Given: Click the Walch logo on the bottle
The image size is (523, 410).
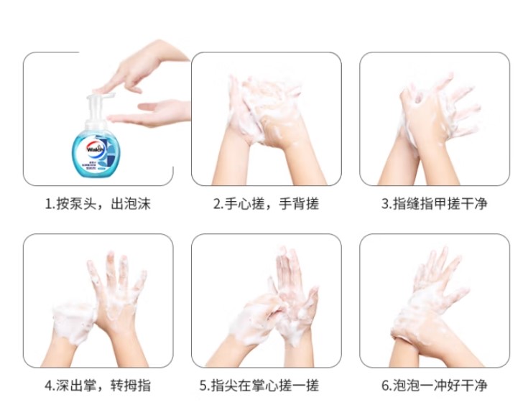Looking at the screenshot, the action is tap(96, 148).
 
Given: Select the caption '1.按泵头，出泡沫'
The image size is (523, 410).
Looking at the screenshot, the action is tap(98, 204).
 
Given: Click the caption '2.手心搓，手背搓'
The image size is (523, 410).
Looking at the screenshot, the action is tap(266, 204).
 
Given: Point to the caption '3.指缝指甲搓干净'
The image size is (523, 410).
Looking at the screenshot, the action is tap(434, 204).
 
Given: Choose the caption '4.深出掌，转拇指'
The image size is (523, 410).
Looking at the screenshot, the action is tap(98, 386).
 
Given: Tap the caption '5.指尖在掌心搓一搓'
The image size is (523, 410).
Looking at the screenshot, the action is tap(259, 386).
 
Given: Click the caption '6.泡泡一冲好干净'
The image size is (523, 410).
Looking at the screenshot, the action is tap(434, 386).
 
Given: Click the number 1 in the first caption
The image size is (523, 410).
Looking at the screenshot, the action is tap(48, 204).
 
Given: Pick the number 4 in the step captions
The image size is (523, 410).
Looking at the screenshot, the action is tap(49, 386).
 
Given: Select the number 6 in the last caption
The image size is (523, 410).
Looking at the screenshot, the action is tap(386, 386).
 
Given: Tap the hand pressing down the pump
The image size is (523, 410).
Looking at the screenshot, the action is tap(140, 67).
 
